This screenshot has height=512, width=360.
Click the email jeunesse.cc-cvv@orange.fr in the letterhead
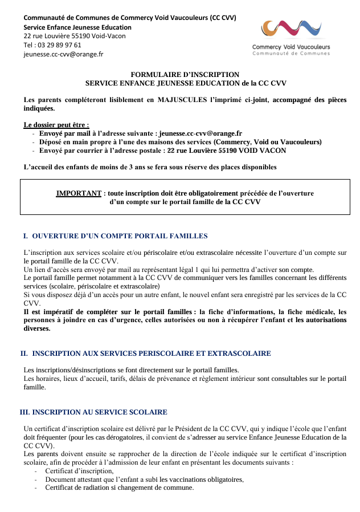63,55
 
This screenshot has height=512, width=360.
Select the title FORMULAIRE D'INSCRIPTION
185,75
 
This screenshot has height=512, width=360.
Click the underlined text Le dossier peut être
56,124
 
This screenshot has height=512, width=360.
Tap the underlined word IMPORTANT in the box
79,193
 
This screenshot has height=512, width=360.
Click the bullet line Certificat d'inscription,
79,471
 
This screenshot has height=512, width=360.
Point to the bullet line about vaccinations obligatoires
144,480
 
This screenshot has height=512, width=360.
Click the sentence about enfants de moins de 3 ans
150,167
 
